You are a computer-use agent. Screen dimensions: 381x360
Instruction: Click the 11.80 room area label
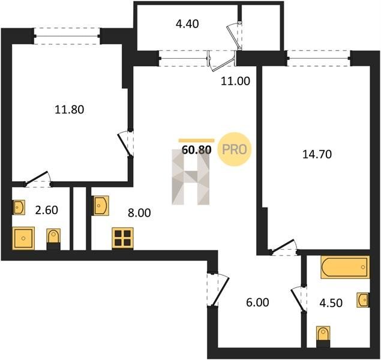(70, 110)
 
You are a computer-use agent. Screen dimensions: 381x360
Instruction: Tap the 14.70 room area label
(317, 154)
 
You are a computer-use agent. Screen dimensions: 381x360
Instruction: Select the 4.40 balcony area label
(187, 24)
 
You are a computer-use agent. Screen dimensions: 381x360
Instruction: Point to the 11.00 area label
(235, 81)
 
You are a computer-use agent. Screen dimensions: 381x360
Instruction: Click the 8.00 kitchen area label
(139, 213)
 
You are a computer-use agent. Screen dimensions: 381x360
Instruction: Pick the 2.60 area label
(46, 210)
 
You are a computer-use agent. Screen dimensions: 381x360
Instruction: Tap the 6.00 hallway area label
(257, 302)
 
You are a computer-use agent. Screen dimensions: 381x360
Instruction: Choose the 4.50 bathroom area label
(331, 303)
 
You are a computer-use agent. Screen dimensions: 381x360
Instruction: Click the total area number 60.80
(197, 150)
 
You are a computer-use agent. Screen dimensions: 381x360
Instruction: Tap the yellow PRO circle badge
(235, 149)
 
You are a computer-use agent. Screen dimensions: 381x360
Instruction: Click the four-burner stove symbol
(123, 238)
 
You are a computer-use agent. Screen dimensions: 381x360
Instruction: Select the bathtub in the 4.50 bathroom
(345, 267)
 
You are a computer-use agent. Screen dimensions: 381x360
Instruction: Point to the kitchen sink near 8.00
(100, 206)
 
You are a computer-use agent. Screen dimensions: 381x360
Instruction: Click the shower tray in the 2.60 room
(23, 238)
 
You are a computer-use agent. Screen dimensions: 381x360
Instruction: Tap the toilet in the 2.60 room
(53, 239)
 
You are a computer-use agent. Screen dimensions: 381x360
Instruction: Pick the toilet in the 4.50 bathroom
(323, 337)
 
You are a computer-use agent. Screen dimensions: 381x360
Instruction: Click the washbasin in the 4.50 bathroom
(363, 300)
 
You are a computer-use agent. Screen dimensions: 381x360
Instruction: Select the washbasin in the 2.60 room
(19, 208)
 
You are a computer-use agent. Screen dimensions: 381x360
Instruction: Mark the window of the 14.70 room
(319, 58)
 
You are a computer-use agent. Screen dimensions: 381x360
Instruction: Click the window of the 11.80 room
(67, 36)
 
